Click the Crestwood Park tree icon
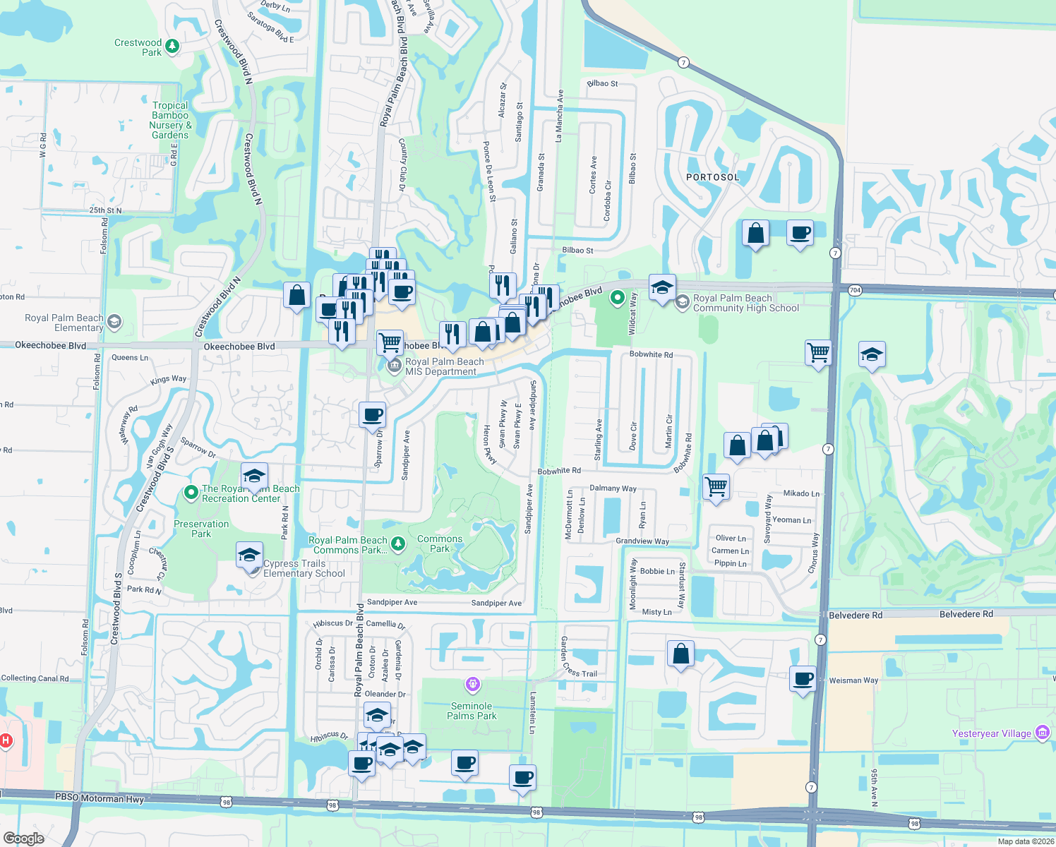[x=172, y=47]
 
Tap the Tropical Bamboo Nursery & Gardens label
[x=170, y=120]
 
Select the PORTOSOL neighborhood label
[x=713, y=177]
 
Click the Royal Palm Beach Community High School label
[x=746, y=303]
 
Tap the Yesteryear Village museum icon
[x=1042, y=733]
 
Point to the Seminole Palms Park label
[x=472, y=711]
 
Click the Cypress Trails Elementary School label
[x=304, y=568]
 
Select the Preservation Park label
[x=201, y=529]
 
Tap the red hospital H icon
[x=6, y=740]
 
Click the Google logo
[x=24, y=838]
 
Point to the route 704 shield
[x=855, y=290]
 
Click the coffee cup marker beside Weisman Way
[x=803, y=680]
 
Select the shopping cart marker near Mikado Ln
[x=716, y=487]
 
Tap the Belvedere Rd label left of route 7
[x=856, y=615]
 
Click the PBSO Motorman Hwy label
[x=100, y=798]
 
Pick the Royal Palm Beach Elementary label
[x=64, y=323]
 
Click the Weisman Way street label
[x=853, y=680]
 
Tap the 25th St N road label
[x=105, y=210]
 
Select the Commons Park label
[x=440, y=543]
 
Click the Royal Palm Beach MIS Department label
[x=445, y=366]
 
